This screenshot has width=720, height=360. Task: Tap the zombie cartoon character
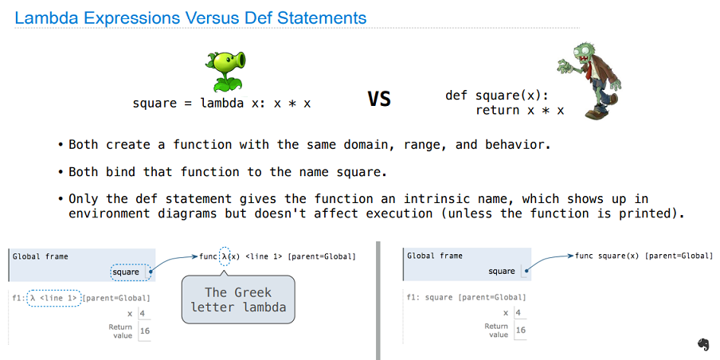point(589,82)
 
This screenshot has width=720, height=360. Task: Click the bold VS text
point(379,99)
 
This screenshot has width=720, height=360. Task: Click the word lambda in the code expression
point(221,103)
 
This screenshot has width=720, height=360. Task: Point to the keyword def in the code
point(456,96)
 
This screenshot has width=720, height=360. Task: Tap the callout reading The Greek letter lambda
point(238,299)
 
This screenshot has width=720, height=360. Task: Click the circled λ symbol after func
point(225,256)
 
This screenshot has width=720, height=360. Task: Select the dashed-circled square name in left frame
point(131,272)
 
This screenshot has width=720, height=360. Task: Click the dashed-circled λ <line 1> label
point(54,298)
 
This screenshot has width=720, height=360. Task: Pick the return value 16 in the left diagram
point(145,331)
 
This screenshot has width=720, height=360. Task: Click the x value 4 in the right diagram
point(518,313)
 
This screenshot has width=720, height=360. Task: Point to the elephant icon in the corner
point(703,344)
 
